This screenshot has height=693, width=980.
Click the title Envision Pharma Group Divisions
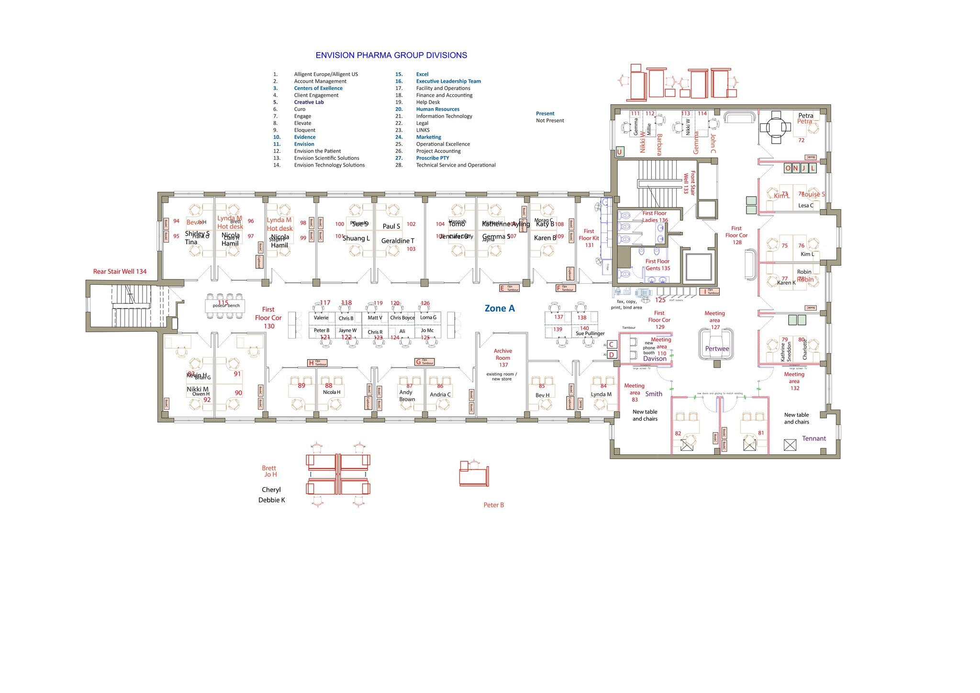click(391, 56)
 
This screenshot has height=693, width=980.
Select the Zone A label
click(500, 309)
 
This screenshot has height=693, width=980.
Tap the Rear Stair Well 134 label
click(120, 272)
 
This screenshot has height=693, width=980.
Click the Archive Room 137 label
click(502, 358)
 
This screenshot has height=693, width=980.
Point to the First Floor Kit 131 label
click(589, 238)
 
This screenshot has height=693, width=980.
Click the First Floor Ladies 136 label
click(655, 217)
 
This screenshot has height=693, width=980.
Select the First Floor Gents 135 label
click(657, 265)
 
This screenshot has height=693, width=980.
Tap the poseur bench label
click(226, 306)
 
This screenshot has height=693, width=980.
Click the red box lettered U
click(619, 152)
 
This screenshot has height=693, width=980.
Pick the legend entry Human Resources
click(437, 109)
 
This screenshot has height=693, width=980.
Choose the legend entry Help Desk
click(428, 102)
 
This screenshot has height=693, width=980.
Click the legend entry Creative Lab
click(309, 102)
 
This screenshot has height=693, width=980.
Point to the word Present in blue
click(545, 114)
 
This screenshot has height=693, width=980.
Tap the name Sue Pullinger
click(590, 334)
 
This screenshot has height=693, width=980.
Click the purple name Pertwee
click(717, 349)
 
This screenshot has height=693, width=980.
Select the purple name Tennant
click(813, 439)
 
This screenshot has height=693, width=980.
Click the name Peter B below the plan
click(493, 505)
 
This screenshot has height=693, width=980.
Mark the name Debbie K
click(271, 500)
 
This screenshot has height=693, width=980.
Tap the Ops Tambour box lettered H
click(317, 363)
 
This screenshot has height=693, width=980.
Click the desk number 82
click(678, 434)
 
